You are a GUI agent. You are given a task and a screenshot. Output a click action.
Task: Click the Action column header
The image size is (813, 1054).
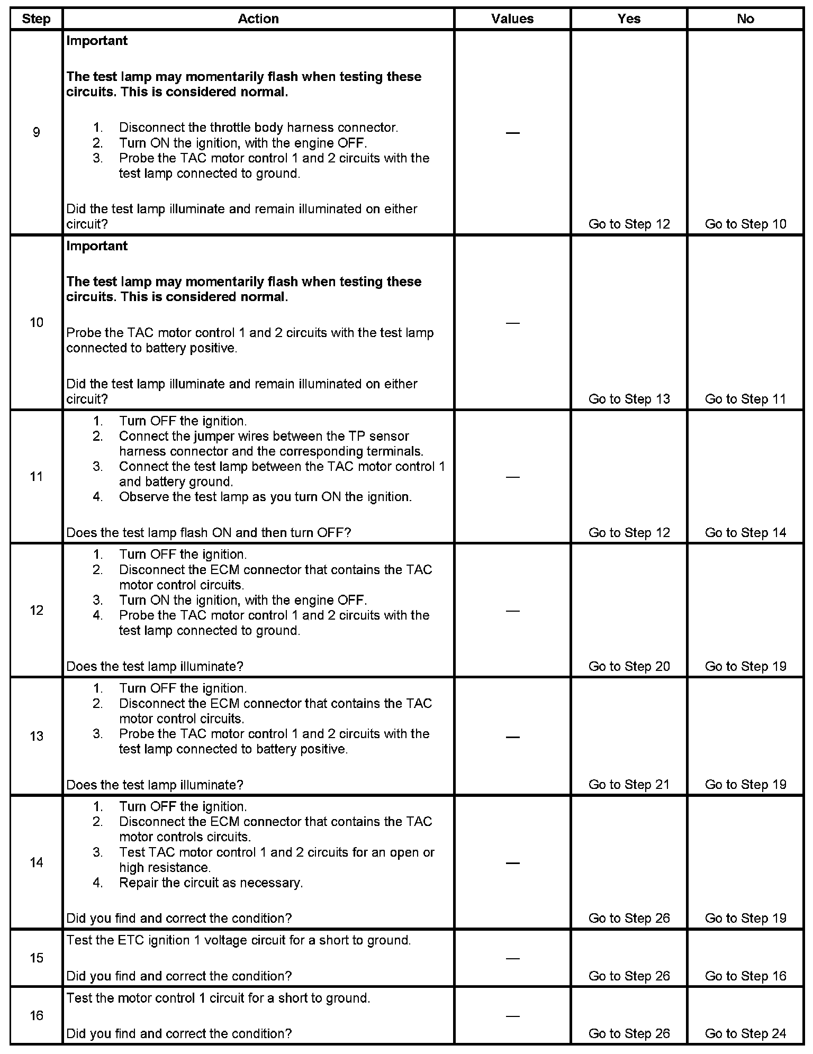258,19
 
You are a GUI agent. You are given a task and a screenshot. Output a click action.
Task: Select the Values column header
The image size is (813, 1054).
512,19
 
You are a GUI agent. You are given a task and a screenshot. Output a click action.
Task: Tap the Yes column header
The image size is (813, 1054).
629,19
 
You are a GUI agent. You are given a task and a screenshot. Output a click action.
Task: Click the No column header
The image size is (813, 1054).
745,19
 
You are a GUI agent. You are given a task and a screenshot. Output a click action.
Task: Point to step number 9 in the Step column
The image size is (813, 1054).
37,132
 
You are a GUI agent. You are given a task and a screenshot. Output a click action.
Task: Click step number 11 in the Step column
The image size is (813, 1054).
37,477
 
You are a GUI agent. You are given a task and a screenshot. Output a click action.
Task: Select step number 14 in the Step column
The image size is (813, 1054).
37,863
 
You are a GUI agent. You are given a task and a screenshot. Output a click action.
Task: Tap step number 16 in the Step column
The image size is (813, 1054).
37,1016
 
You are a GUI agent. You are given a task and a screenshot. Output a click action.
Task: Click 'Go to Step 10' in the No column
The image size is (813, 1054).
745,224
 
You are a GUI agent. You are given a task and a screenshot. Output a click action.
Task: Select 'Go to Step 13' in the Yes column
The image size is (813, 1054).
629,399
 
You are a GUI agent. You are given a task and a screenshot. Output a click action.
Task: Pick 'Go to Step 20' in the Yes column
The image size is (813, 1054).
629,666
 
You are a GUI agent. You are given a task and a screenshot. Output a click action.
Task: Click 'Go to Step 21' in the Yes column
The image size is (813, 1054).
629,785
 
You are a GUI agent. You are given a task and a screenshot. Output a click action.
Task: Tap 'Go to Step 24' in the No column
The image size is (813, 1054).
745,1033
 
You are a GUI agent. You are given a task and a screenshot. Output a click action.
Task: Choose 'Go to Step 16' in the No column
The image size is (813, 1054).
745,976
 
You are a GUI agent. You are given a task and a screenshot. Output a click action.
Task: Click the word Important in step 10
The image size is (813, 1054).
97,246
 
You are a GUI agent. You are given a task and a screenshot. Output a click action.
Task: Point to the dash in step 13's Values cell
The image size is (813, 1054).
512,737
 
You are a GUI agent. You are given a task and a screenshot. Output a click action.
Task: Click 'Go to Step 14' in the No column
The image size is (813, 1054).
745,533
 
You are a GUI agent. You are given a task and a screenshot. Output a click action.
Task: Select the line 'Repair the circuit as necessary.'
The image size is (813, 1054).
211,883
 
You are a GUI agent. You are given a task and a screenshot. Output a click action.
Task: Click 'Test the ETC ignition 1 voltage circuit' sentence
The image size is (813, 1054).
238,940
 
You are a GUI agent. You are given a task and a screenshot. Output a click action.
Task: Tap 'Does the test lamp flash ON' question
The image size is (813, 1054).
209,533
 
